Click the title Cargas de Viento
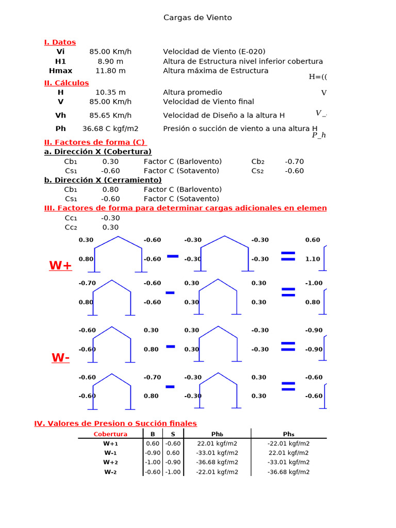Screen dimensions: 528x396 (x=197, y=18)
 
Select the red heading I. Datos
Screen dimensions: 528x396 (x=60, y=42)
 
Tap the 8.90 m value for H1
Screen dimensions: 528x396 (x=110, y=61)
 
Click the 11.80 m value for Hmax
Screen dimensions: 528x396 (x=110, y=71)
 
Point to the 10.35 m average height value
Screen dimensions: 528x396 (x=110, y=92)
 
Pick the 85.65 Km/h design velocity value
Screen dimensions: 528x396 (x=110, y=115)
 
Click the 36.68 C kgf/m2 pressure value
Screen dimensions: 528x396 (x=110, y=129)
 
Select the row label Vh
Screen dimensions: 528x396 (x=61, y=115)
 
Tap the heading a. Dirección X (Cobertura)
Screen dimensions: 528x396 (x=98, y=152)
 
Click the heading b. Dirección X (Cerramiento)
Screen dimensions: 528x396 (x=103, y=180)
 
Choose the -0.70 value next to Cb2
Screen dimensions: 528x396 (x=294, y=161)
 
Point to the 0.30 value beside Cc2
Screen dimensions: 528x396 (x=110, y=227)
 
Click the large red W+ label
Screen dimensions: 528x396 (x=60, y=266)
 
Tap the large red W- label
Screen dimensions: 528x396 (x=60, y=358)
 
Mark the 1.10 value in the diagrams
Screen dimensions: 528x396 (x=312, y=259)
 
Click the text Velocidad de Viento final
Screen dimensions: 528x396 (x=208, y=102)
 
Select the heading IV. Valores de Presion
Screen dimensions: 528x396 (x=115, y=423)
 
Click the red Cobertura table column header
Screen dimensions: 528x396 (x=110, y=434)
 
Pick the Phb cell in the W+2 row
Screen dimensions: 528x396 (x=217, y=463)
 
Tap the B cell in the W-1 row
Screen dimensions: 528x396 (x=153, y=453)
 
